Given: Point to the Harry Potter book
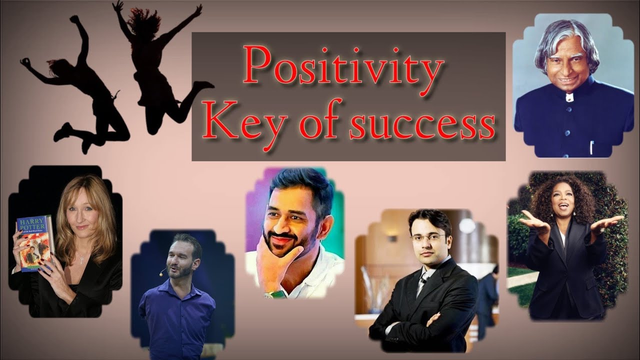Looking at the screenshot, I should pyautogui.click(x=34, y=242).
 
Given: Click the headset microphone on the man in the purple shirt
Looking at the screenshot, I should pyautogui.click(x=162, y=272).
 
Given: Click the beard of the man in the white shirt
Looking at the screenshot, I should pyautogui.click(x=280, y=245).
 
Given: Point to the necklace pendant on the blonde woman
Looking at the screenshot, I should pyautogui.click(x=81, y=260).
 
